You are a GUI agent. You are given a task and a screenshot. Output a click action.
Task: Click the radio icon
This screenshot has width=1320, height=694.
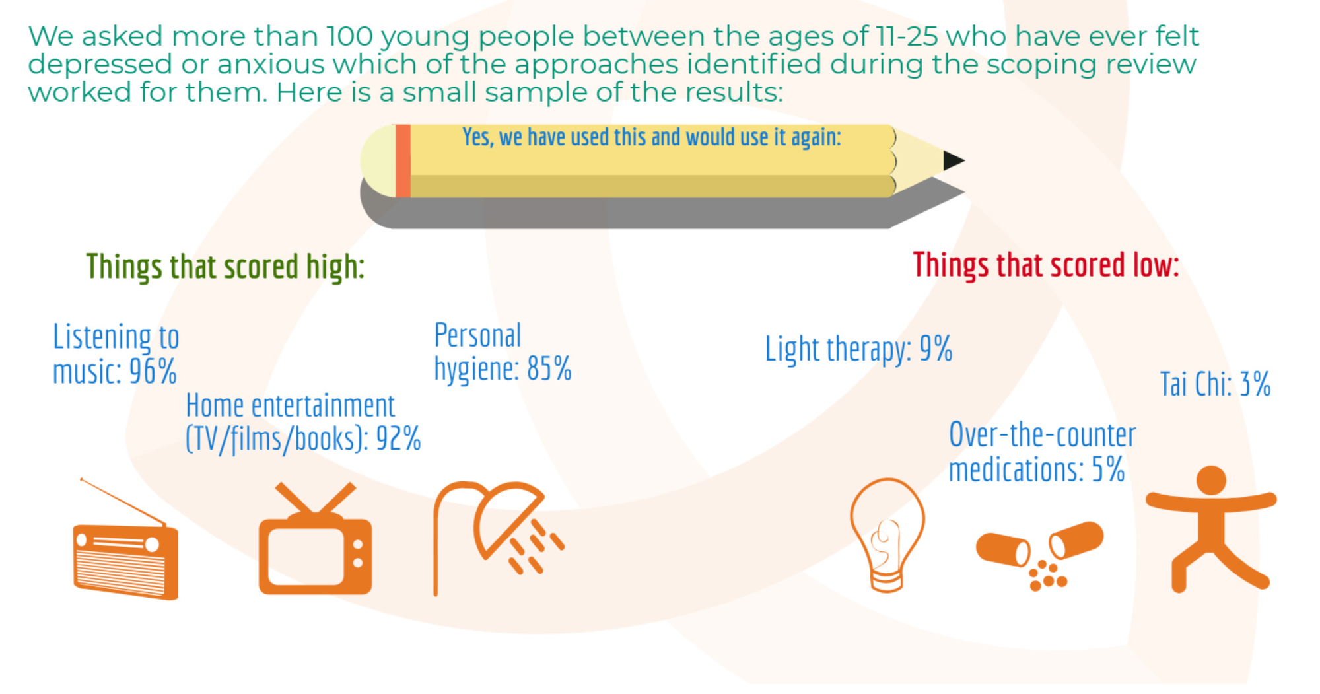click(x=125, y=561)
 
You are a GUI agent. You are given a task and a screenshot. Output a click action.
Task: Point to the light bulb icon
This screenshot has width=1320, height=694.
click(x=887, y=535)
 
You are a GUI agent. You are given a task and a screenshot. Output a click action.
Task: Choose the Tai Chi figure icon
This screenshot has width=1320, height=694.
click(x=1210, y=528)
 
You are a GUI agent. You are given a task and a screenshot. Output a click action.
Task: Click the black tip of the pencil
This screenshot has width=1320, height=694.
click(x=954, y=160)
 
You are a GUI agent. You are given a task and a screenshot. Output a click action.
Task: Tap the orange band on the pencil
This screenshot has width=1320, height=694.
click(x=403, y=161)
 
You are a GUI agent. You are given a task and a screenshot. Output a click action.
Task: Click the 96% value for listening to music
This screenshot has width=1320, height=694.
click(x=153, y=371)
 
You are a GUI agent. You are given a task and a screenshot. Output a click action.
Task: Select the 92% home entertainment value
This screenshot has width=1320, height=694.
click(x=398, y=438)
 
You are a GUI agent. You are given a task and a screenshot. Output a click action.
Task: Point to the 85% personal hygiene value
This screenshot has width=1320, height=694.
click(x=549, y=368)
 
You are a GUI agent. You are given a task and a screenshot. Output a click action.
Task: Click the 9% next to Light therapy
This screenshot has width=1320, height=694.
click(x=936, y=349)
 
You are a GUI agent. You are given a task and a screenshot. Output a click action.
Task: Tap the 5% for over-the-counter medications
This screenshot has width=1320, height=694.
click(x=1108, y=469)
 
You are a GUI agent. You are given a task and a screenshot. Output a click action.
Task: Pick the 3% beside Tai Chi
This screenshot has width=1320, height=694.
click(x=1255, y=384)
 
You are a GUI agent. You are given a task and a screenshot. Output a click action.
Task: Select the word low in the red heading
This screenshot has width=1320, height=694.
click(x=1156, y=265)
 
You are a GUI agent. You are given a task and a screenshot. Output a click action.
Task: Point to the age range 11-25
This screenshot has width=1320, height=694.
click(x=907, y=36)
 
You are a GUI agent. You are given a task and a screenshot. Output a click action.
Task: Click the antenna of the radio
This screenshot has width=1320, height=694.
click(x=122, y=502)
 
